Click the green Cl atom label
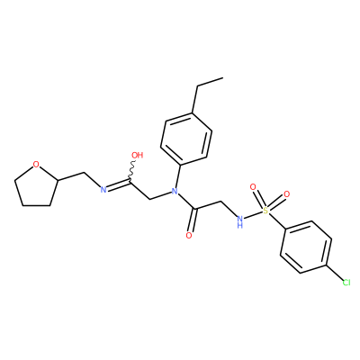point(346,283)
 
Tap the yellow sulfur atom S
point(265,211)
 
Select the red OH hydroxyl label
point(138,155)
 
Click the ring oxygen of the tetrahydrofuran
point(36,165)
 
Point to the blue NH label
point(239,221)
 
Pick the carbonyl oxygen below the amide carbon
point(189,236)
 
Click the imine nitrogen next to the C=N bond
point(103,190)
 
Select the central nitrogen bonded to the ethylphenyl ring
point(173,191)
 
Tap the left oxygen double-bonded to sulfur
point(253,187)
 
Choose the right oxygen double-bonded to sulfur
point(286,194)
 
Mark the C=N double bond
point(118,184)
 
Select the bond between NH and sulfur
point(253,215)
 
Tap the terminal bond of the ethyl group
point(210,83)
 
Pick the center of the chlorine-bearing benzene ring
point(306,247)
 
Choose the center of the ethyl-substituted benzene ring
point(186,139)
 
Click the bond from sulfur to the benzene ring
point(276,220)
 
